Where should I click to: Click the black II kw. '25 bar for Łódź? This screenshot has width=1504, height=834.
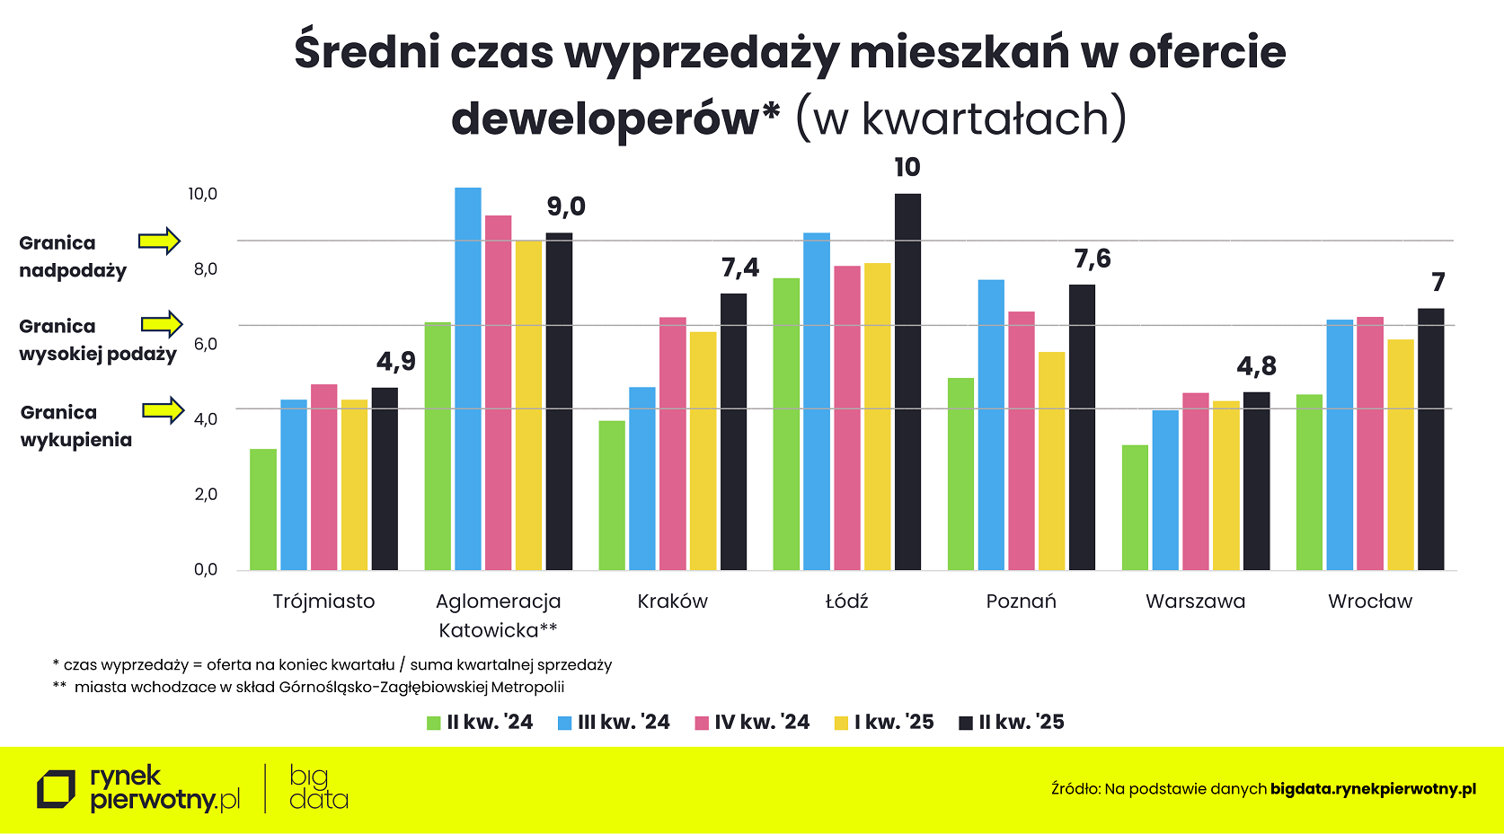(907, 382)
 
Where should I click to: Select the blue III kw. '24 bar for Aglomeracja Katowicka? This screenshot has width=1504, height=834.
(468, 379)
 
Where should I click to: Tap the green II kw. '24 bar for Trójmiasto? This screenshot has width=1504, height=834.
(263, 509)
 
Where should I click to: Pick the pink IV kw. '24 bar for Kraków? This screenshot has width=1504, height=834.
(673, 443)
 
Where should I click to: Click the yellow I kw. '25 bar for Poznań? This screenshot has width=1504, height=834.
(1052, 461)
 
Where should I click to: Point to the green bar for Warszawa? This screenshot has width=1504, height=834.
(1136, 507)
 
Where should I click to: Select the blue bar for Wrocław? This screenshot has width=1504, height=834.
(1340, 444)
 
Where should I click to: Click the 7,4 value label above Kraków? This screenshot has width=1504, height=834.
(740, 268)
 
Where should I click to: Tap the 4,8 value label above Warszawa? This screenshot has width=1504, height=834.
(1256, 366)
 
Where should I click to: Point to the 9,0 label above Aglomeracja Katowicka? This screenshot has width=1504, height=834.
(566, 206)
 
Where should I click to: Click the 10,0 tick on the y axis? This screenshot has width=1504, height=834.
(202, 194)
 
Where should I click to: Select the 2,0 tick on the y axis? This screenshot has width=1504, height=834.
(206, 494)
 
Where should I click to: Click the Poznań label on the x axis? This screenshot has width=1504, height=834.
(1022, 601)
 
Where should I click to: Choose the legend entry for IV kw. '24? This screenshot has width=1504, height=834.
(753, 722)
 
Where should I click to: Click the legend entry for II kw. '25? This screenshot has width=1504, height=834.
(1012, 722)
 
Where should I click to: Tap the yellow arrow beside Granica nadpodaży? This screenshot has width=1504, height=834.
(159, 241)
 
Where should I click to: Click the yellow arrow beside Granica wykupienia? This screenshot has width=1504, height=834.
(163, 410)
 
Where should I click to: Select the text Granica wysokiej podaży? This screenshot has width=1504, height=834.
(97, 340)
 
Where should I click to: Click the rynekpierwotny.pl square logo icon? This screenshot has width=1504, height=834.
(56, 789)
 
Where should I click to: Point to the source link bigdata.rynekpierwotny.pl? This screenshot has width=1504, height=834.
(1373, 789)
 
